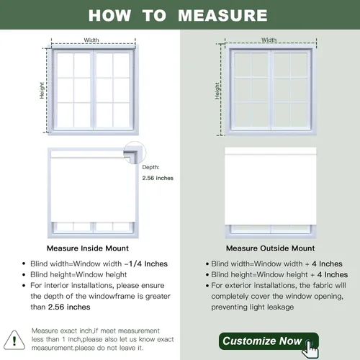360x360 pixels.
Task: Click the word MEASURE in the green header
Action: click(222, 16)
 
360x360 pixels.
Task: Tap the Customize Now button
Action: click(269, 341)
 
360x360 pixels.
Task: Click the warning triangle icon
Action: click(14, 341)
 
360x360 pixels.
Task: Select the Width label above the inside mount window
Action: click(91, 40)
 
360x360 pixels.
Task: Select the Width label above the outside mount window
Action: click(269, 40)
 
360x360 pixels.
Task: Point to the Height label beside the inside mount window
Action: click(42, 90)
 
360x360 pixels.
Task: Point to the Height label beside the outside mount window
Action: click(217, 91)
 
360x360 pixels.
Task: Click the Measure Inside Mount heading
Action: click(88, 248)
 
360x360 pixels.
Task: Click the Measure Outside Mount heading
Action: click(270, 248)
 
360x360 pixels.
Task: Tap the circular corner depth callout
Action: click(135, 153)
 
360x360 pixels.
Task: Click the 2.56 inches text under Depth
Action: click(158, 178)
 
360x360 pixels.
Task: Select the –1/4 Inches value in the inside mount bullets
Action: click(146, 264)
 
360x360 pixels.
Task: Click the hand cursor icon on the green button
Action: click(310, 348)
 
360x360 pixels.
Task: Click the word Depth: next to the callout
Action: click(150, 167)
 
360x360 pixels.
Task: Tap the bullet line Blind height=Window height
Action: click(78, 274)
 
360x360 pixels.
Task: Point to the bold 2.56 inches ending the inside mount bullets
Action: click(69, 307)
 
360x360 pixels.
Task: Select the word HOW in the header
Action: click(109, 16)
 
